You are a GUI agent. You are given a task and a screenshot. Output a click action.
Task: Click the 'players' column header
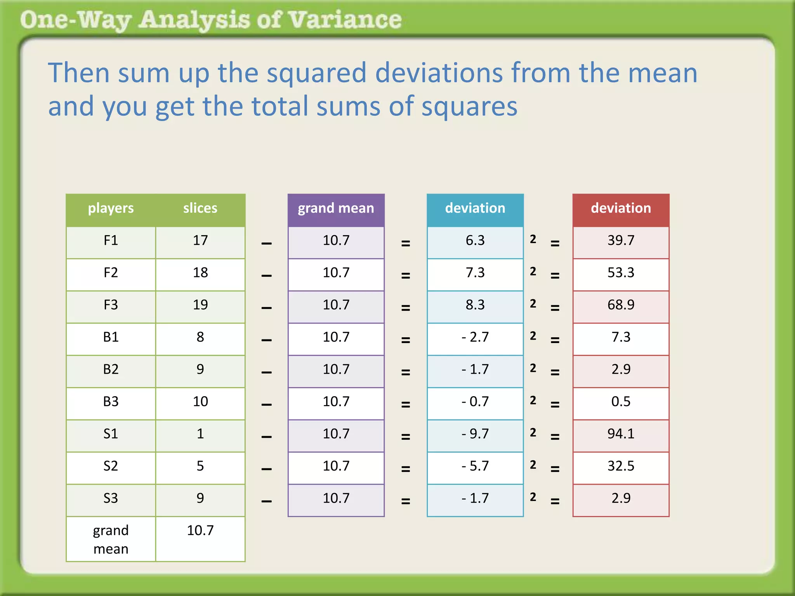coord(111,208)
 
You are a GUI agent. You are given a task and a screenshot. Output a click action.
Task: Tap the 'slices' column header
coord(200,208)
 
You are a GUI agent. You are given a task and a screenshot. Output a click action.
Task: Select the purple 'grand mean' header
coord(336,208)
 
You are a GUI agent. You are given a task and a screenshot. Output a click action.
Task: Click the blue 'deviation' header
coord(475,208)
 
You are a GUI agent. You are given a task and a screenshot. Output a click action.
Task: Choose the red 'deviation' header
coord(621,208)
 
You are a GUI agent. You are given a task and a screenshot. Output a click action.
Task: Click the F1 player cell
coord(111,241)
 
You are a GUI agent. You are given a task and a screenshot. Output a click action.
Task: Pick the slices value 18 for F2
coord(200,273)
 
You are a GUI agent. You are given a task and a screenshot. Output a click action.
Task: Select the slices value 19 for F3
coord(200,305)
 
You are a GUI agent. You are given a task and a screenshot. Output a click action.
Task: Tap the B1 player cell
coord(111,337)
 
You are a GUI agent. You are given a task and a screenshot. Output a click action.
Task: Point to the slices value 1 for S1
coord(200,434)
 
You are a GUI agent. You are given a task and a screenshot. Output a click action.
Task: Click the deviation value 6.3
coord(475,241)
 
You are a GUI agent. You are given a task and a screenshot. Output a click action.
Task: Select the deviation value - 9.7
coord(475,434)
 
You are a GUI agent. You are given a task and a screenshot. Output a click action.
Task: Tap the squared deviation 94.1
coord(621,434)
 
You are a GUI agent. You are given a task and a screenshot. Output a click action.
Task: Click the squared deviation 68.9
coord(621,305)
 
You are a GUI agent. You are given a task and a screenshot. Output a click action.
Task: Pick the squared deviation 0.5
coord(621,402)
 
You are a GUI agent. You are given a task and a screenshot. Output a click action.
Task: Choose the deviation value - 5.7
coord(475,466)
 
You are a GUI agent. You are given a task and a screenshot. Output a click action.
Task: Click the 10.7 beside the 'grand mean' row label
coord(200,530)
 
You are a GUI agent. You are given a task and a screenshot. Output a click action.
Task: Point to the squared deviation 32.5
coord(621,466)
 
